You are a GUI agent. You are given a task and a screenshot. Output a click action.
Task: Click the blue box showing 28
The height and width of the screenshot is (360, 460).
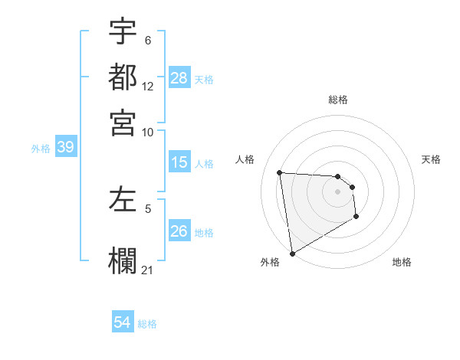coord(179,78)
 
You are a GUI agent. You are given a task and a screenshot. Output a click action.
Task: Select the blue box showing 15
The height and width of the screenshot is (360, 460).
coord(179,162)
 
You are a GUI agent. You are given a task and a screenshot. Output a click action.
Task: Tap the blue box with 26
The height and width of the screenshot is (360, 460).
coord(179,231)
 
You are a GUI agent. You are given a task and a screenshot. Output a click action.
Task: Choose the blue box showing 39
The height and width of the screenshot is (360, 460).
coord(65,148)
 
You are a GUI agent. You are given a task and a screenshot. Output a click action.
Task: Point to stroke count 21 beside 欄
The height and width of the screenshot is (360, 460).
coord(148,270)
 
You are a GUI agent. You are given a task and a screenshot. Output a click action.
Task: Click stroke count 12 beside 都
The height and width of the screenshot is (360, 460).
coord(148,87)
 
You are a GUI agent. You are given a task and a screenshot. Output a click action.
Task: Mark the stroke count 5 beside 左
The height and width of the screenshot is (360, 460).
coord(148,208)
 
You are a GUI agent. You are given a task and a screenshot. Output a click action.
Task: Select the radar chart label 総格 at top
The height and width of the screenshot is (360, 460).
coord(338,100)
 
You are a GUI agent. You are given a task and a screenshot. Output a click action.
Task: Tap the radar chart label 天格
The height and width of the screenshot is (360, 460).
coord(431,159)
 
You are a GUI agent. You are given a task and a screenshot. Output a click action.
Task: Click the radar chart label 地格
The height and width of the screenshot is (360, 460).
coord(402,262)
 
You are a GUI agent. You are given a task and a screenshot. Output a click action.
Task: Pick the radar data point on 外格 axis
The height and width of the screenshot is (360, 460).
coord(292,253)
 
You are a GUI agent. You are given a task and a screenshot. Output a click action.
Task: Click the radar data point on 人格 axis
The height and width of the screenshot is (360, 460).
coord(280,172)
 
